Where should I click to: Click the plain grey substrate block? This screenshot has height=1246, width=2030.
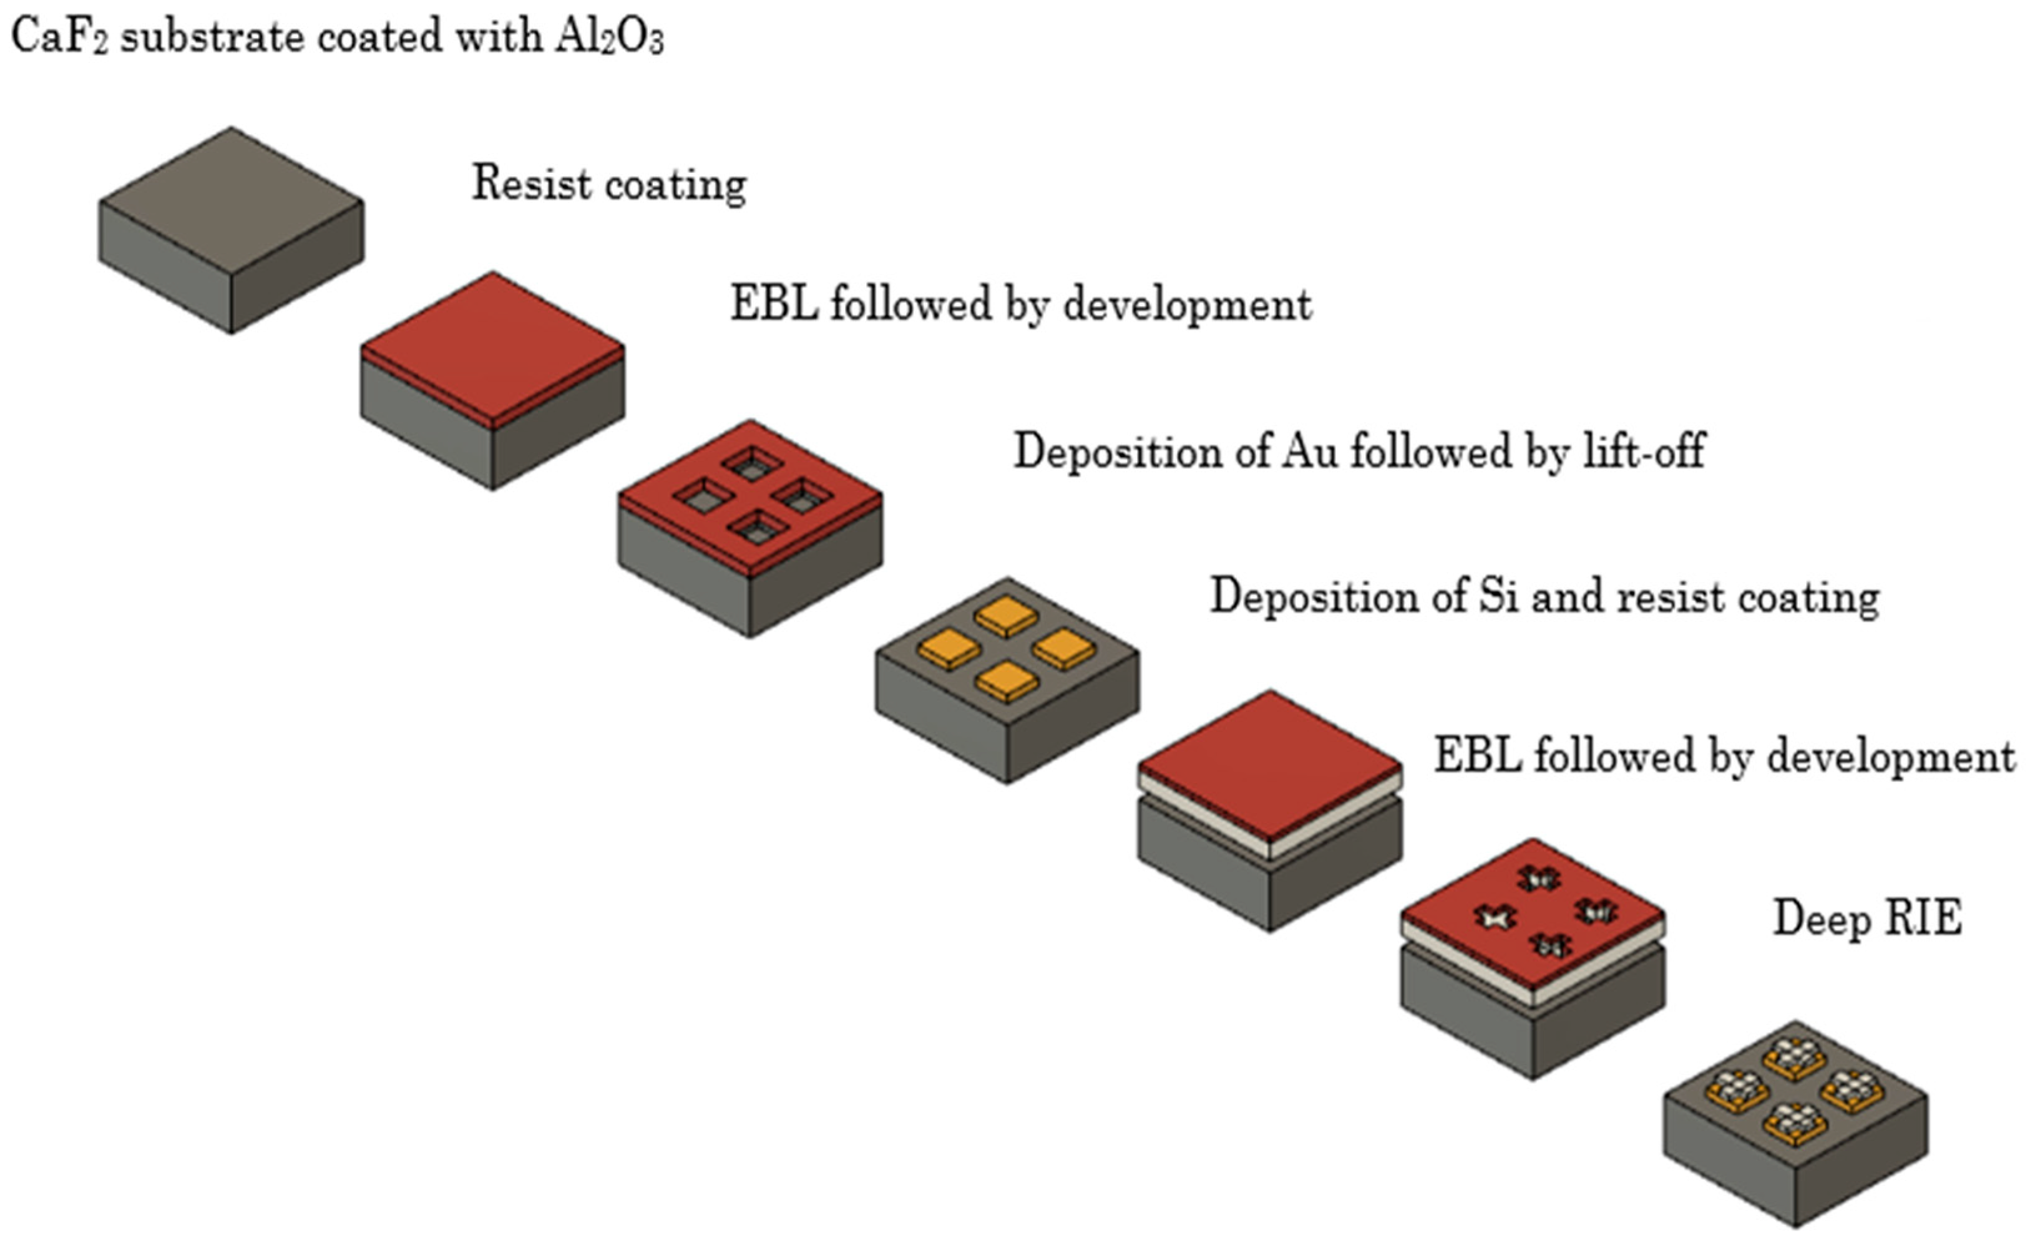[x=231, y=231]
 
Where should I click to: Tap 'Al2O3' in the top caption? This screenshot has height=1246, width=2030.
[x=608, y=37]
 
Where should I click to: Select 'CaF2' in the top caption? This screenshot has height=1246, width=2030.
[x=57, y=37]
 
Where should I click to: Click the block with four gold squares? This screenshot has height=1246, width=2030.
[x=1007, y=680]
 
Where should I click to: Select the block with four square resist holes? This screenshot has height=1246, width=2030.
[x=749, y=528]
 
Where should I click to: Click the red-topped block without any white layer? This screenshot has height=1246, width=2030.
[x=492, y=379]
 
